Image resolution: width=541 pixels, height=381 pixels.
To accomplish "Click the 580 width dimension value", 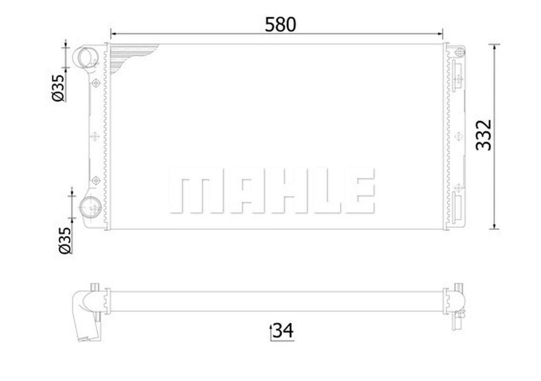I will (280, 25).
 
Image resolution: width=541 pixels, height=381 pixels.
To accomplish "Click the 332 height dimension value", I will (484, 135).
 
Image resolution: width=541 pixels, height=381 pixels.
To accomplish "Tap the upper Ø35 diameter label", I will (58, 88).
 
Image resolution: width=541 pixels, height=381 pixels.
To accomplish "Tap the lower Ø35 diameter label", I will (64, 240).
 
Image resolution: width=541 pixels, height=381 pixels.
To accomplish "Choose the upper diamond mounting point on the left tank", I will (96, 83).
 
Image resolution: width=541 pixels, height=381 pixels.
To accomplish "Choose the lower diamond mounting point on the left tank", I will (96, 181).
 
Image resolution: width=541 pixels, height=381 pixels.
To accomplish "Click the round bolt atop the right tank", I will (460, 52).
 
